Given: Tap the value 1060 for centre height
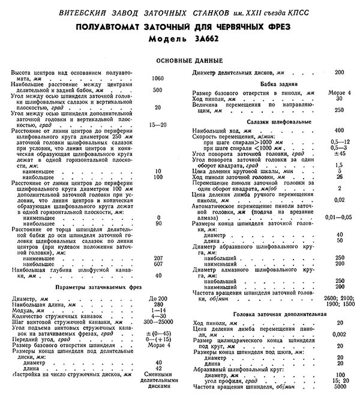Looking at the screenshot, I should point(158,79).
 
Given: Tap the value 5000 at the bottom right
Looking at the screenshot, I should point(340,387).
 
